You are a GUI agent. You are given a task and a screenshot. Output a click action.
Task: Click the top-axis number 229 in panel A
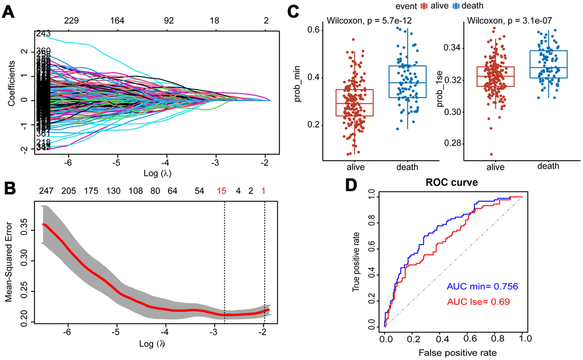71,21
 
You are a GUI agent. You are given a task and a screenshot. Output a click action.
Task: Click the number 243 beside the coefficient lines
43,34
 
